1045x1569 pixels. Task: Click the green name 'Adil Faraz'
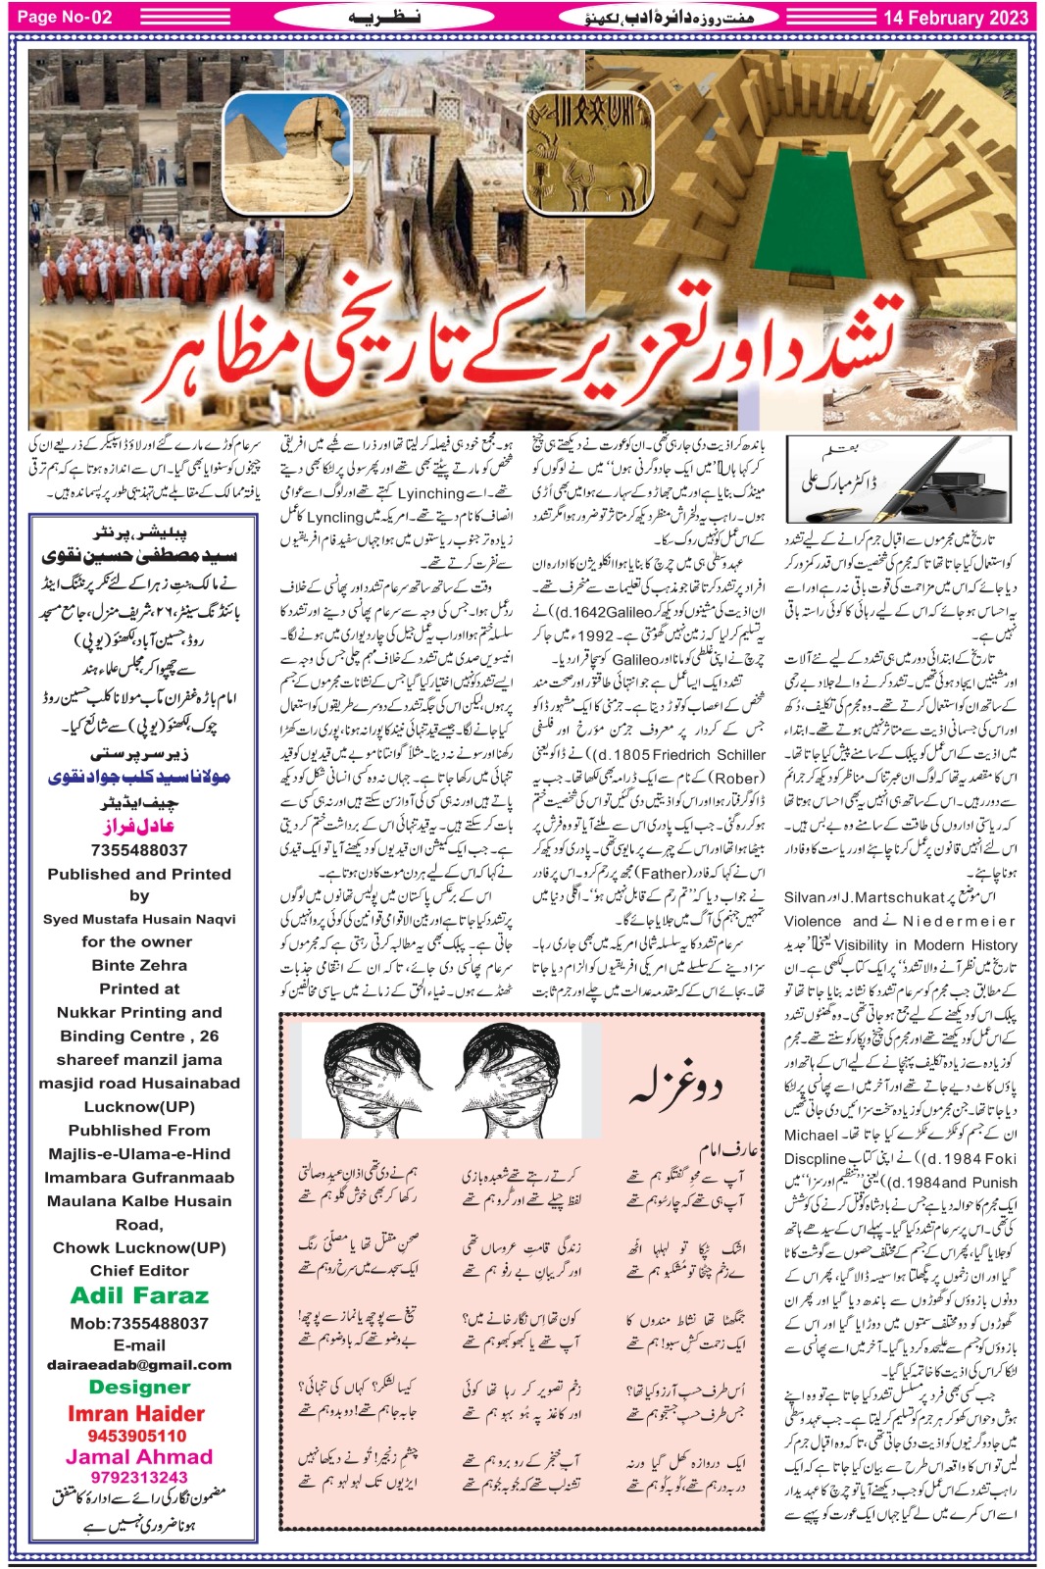(x=139, y=1295)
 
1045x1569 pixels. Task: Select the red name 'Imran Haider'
(x=136, y=1413)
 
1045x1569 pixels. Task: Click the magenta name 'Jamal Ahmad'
(x=138, y=1456)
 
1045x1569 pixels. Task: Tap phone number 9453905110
(x=137, y=1436)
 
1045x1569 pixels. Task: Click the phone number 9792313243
(x=138, y=1477)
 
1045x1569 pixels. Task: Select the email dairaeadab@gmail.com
(x=139, y=1364)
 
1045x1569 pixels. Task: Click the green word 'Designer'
(x=139, y=1387)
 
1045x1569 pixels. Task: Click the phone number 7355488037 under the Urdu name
(x=139, y=850)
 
